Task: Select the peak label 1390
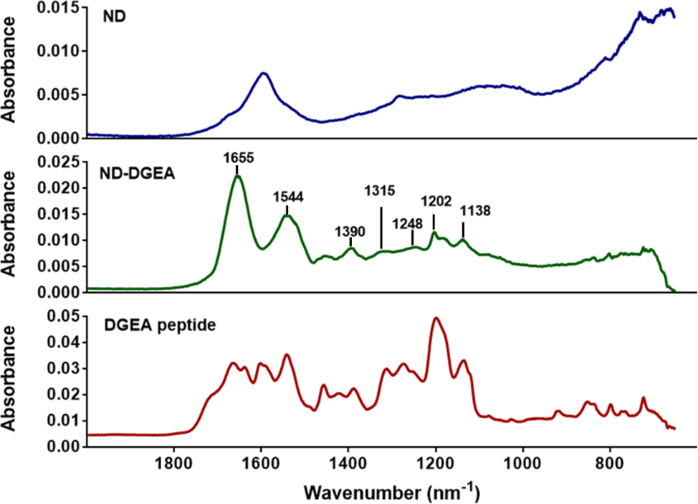point(350,230)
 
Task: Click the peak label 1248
point(407,223)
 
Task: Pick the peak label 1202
point(434,202)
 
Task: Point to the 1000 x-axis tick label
point(523,463)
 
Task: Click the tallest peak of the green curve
point(237,175)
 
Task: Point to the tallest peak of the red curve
point(435,318)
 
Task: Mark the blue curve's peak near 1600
point(264,73)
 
